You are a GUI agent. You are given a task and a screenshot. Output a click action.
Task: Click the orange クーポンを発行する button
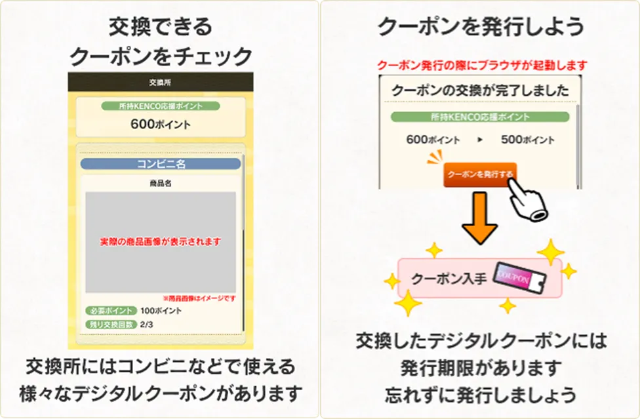click(x=480, y=174)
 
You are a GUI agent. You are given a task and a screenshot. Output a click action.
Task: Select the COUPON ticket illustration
click(x=519, y=278)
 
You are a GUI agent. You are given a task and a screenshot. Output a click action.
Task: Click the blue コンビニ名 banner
click(x=161, y=164)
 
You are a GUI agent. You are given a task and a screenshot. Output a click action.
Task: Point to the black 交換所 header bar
click(x=161, y=83)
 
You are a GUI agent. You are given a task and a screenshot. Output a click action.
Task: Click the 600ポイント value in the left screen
click(x=161, y=124)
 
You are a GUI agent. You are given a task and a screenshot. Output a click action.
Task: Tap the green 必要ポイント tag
click(x=111, y=311)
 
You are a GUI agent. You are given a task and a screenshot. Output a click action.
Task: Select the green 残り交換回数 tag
click(x=111, y=325)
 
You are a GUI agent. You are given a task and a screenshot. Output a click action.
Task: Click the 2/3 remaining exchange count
click(x=146, y=325)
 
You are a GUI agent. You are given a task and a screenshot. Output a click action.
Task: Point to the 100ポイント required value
click(x=161, y=311)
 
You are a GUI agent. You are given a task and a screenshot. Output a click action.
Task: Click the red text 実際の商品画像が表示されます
click(x=161, y=241)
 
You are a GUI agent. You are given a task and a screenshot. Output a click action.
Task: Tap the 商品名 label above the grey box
click(x=161, y=184)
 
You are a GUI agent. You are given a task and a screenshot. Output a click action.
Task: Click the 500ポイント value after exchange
click(x=527, y=140)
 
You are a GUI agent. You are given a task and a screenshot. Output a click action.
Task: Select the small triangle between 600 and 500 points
click(x=480, y=140)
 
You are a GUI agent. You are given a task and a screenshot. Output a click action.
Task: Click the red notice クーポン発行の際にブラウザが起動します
click(x=482, y=66)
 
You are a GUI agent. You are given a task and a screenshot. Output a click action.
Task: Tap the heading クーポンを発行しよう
click(x=481, y=26)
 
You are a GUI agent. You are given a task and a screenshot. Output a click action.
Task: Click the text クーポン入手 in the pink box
click(x=449, y=279)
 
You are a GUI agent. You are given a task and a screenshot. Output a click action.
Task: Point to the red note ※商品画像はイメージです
click(x=199, y=298)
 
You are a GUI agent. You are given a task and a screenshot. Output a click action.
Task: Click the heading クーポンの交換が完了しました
click(x=480, y=90)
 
